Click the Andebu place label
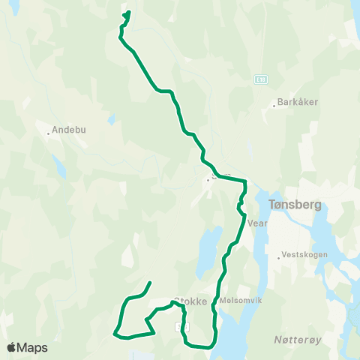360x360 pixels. [x=70, y=129]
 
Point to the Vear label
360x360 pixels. [x=258, y=223]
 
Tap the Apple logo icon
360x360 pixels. [x=11, y=347]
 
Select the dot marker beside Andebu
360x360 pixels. [x=48, y=133]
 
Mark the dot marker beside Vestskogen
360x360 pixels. [x=279, y=257]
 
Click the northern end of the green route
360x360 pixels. [x=129, y=12]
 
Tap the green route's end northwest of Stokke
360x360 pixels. [x=151, y=283]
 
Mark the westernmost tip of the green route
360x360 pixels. [x=114, y=332]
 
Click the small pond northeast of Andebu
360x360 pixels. [x=112, y=118]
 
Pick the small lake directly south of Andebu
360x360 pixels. [x=57, y=163]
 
